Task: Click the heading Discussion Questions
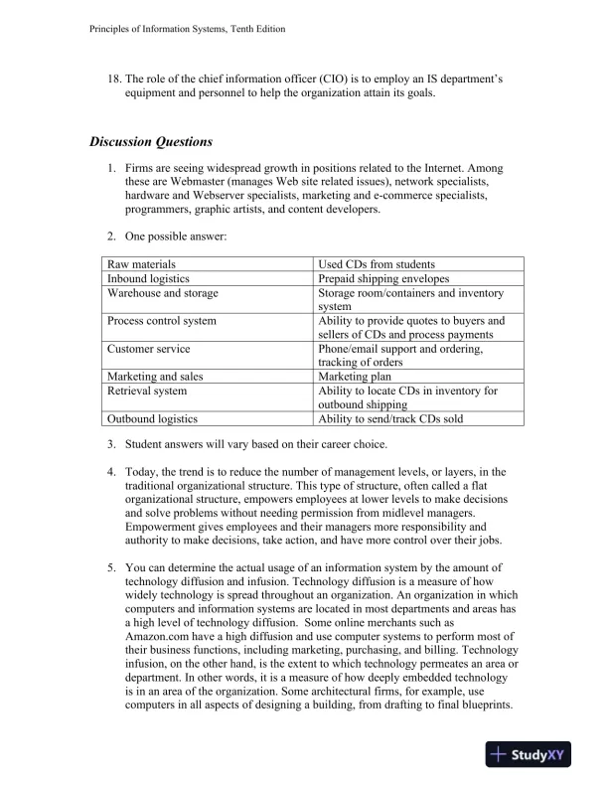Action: click(x=151, y=141)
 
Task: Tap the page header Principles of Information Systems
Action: click(x=181, y=29)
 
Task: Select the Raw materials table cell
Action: click(x=142, y=265)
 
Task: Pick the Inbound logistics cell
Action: click(x=147, y=279)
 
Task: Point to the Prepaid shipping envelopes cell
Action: click(x=383, y=279)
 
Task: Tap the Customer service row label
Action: click(x=149, y=349)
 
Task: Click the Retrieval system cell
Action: click(x=147, y=391)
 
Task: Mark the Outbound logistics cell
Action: click(x=152, y=418)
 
